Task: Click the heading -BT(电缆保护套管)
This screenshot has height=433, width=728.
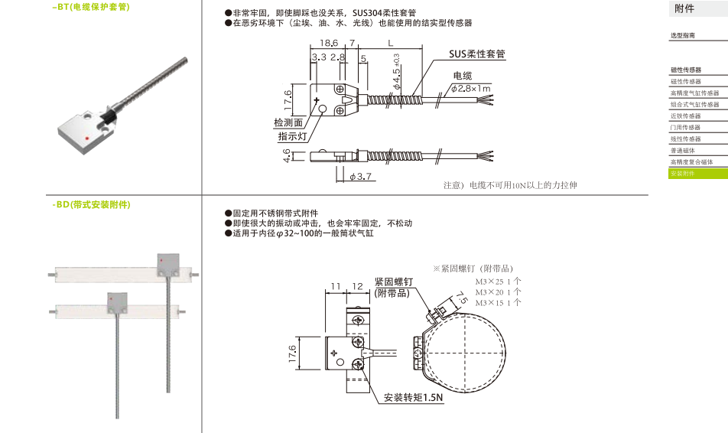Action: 91,8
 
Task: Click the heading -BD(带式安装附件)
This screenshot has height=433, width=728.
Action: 93,205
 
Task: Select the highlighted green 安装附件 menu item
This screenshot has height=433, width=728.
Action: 684,174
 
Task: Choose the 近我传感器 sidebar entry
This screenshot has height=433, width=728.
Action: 685,116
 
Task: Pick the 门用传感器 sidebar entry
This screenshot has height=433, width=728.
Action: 685,128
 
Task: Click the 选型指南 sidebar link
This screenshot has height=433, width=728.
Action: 683,36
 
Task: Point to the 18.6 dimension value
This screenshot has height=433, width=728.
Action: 330,44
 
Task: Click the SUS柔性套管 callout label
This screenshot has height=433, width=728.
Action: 478,55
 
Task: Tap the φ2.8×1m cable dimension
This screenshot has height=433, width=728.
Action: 470,89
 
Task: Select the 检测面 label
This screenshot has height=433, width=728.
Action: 288,123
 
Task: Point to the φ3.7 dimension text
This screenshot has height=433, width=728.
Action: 361,177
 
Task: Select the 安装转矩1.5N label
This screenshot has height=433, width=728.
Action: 414,399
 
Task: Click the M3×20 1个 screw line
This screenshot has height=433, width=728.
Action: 499,292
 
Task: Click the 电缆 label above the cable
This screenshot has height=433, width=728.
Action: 463,76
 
